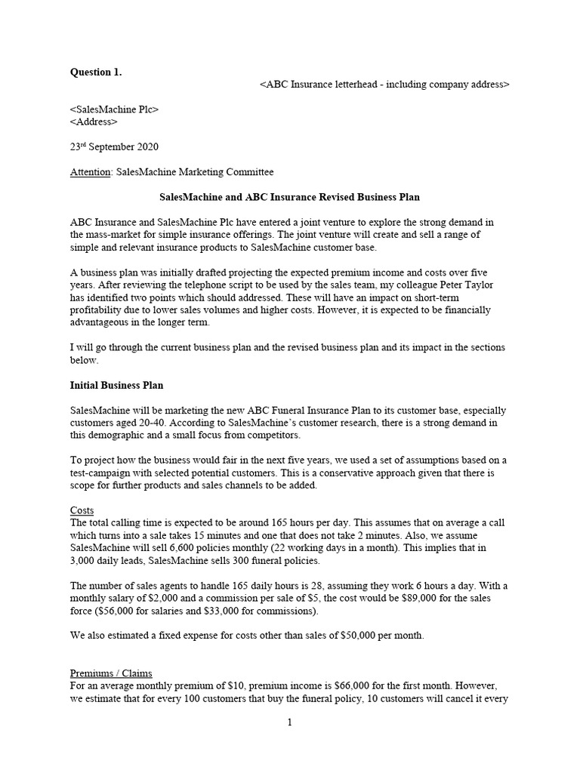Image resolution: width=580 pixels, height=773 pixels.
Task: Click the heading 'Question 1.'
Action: coord(95,72)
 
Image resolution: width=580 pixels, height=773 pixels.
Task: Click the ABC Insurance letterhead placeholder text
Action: coord(384,85)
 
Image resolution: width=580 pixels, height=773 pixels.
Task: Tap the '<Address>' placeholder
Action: coord(94,122)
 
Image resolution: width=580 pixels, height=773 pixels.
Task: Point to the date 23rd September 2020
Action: coord(114,146)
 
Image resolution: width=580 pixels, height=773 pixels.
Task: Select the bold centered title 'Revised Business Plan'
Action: coord(289,197)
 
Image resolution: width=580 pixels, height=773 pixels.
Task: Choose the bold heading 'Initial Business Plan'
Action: coord(116,385)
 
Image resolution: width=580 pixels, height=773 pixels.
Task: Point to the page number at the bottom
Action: coord(289,722)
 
